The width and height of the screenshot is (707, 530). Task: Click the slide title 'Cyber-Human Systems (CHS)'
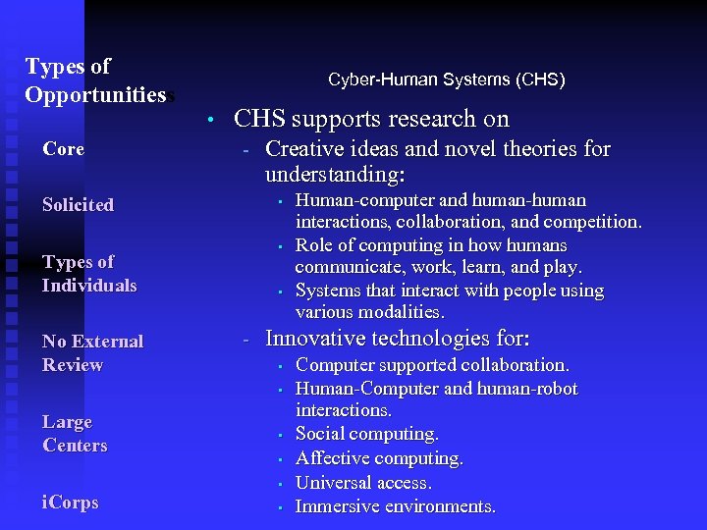[446, 79]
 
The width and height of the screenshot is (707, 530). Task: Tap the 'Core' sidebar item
[63, 149]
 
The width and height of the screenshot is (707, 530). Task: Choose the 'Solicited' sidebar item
[78, 205]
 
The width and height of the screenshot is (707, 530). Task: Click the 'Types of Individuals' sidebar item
[88, 274]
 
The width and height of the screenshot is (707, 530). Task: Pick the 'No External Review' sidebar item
[92, 353]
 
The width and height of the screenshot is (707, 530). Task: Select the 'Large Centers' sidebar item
[75, 434]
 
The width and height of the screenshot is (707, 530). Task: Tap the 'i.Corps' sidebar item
[71, 503]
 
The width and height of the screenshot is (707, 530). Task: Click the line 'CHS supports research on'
[371, 120]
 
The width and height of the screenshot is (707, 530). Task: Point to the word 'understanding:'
[335, 175]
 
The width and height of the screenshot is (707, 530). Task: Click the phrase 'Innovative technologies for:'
[398, 340]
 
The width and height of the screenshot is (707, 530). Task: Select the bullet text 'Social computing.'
[367, 434]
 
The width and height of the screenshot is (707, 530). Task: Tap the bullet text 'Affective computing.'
[379, 458]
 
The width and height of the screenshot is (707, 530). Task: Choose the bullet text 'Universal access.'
[363, 483]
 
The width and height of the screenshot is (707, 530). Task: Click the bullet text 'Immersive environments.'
[396, 506]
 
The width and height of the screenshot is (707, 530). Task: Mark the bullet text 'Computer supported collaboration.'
[432, 365]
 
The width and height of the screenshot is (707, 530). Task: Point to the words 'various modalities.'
[370, 312]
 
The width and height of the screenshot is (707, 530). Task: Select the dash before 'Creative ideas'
[247, 150]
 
